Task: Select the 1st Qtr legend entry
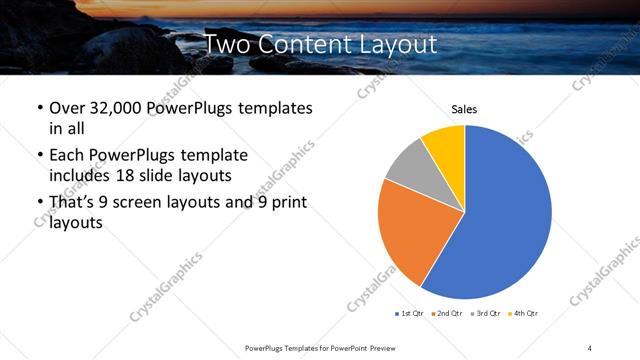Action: [411, 314]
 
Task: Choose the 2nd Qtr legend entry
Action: [447, 314]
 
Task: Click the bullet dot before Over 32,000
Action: [39, 108]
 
